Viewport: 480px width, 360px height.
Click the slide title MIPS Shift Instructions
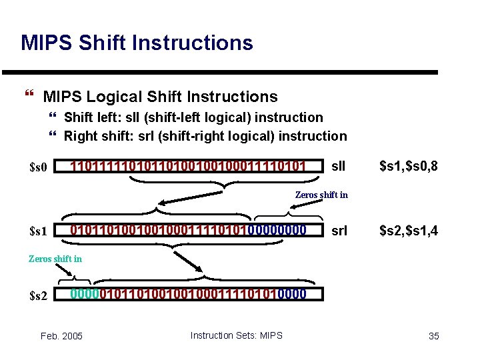(137, 43)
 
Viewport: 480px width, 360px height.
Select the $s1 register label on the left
(39, 231)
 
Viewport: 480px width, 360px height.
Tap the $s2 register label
(39, 295)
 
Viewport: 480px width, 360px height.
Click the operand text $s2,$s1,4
(408, 231)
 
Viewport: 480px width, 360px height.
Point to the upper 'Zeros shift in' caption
(321, 195)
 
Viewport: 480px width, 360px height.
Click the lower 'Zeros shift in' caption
(55, 259)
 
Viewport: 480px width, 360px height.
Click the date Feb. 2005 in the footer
(61, 336)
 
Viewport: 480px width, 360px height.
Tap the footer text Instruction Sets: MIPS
(236, 335)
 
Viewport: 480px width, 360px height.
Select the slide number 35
(433, 336)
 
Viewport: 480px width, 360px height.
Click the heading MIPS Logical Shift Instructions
(160, 97)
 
